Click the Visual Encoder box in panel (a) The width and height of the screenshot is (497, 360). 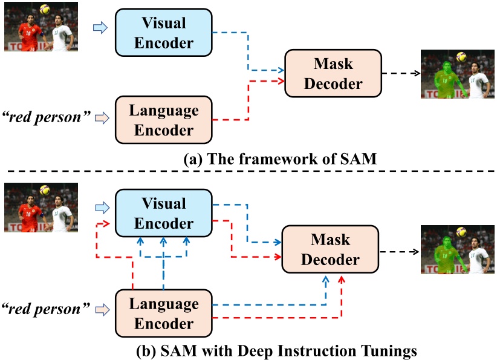163,33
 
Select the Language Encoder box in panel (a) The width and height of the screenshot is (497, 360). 163,120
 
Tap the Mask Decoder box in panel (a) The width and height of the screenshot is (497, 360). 333,74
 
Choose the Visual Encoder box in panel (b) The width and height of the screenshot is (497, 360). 163,214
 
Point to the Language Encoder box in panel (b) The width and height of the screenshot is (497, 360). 163,313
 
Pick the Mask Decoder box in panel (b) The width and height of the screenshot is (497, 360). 330,249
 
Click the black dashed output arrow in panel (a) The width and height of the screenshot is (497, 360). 401,73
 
